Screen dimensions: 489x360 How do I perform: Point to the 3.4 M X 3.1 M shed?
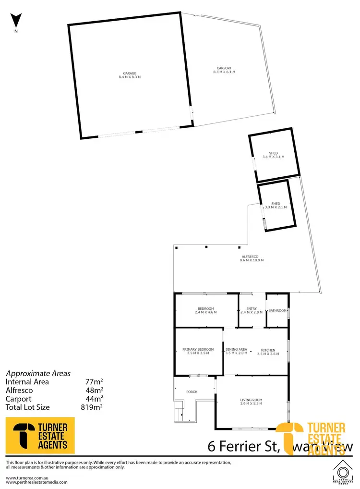(273, 155)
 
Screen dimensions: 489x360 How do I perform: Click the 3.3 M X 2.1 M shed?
(276, 205)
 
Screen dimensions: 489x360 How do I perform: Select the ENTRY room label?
(252, 309)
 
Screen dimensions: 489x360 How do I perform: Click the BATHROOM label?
(277, 311)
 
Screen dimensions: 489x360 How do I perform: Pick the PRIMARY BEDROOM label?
(198, 349)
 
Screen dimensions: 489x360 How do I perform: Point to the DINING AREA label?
(236, 349)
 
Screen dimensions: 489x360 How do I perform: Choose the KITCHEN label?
(268, 349)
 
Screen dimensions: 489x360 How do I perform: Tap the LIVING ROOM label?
(251, 400)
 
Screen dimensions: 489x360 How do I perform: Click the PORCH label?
(192, 391)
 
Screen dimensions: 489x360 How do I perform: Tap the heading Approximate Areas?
(38, 373)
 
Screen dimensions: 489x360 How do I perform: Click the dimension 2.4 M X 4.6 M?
(206, 312)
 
